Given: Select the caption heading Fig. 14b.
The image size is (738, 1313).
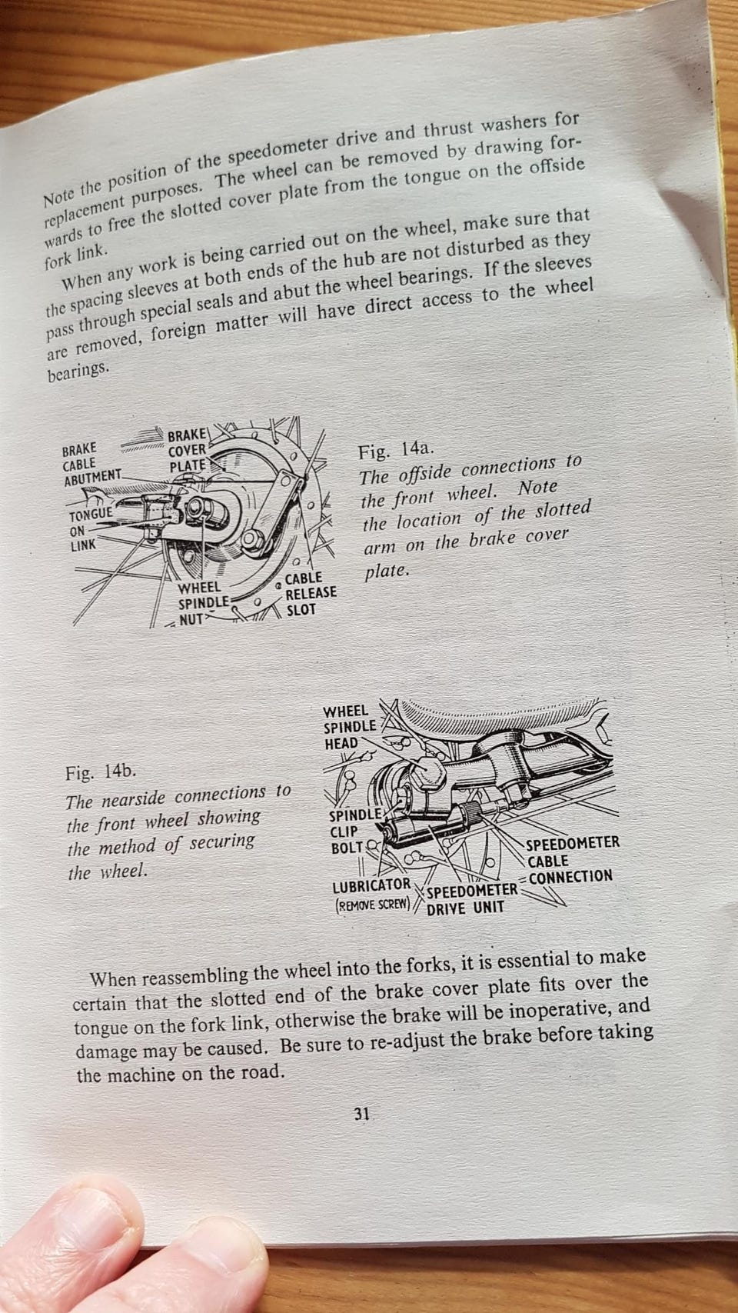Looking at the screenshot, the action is (101, 772).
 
